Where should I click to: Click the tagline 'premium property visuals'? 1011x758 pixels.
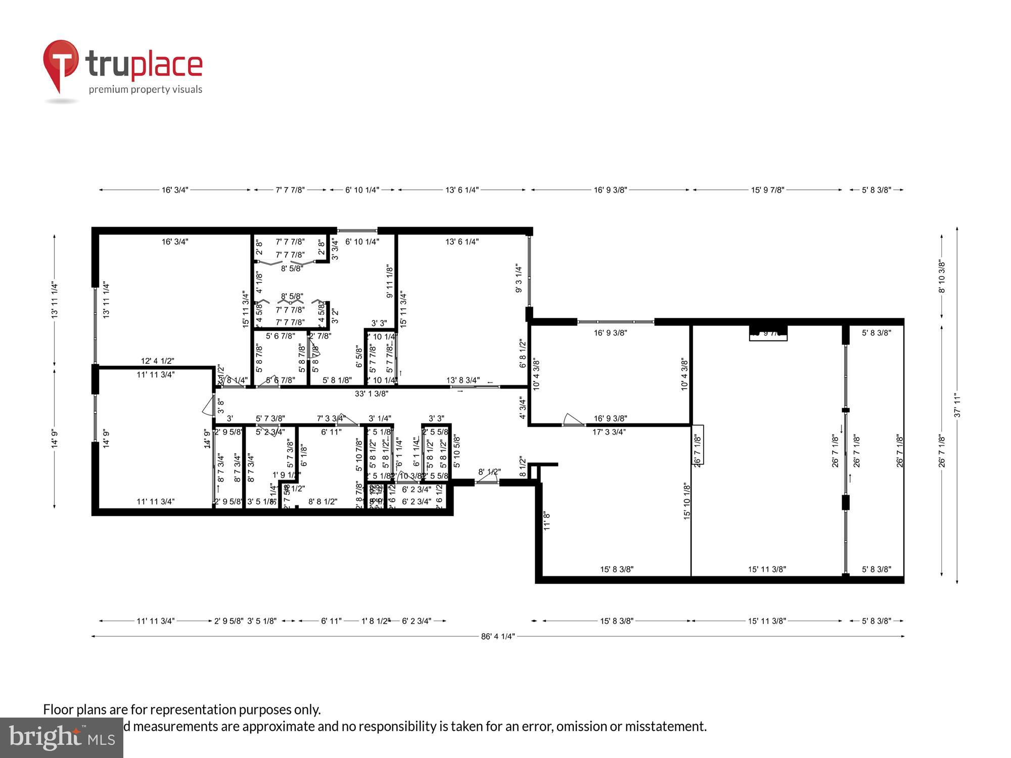tap(146, 89)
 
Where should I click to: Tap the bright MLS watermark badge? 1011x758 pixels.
tap(62, 738)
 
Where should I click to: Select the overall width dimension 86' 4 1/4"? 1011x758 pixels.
tap(498, 636)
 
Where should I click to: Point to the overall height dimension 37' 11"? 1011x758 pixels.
tap(957, 406)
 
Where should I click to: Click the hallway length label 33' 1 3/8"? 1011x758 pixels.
tap(372, 394)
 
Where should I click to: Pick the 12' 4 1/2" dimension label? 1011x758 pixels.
tap(157, 361)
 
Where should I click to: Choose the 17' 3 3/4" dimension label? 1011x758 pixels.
tap(609, 432)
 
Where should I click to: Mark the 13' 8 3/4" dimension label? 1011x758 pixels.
tap(463, 380)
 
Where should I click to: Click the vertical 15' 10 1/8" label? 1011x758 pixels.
tap(687, 501)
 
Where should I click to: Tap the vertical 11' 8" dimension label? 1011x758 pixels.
tap(546, 521)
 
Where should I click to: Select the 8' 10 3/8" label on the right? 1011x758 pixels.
tap(942, 276)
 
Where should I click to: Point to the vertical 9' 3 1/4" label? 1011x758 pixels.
tap(519, 278)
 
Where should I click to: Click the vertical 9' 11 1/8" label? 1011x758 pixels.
tap(390, 281)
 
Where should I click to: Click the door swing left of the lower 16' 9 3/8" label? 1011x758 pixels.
tap(573, 420)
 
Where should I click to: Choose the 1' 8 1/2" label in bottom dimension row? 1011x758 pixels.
tap(376, 621)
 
